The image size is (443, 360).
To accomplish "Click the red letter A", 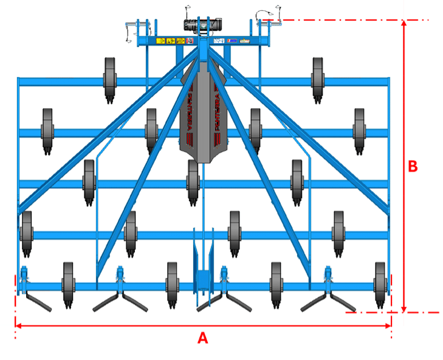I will pos(203,339).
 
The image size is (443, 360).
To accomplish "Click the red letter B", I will pos(413,166).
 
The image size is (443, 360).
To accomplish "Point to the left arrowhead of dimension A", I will pos(18,327).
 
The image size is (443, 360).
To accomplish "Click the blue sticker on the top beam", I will pos(233,41).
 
